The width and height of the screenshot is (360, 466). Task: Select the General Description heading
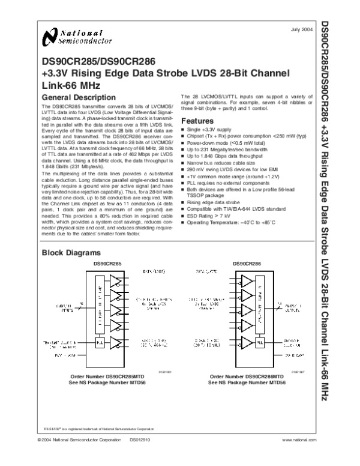pyautogui.click(x=78, y=97)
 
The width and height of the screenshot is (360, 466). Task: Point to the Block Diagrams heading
pyautogui.click(x=67, y=253)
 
